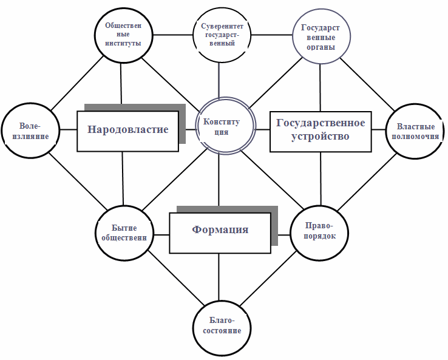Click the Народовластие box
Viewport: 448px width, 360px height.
pos(127,131)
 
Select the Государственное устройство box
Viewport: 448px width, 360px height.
pos(321,131)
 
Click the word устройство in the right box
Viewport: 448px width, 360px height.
pos(321,136)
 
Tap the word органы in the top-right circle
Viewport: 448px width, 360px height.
pos(321,47)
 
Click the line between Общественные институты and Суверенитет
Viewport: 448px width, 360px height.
pos(173,35)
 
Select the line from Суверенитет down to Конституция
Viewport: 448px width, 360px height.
pos(219,80)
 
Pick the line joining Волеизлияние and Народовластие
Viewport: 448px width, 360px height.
pos(68,130)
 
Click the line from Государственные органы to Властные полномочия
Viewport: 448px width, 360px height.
pos(367,84)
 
